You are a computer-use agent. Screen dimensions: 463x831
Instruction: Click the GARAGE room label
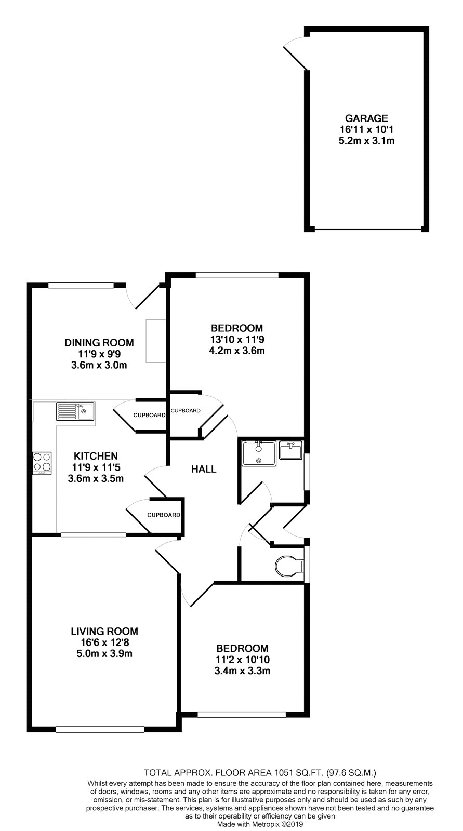(366, 118)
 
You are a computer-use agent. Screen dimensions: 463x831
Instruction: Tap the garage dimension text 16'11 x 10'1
(366, 129)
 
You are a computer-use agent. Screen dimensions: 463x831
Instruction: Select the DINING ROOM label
(99, 342)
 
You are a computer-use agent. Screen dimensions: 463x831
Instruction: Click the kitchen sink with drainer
(75, 411)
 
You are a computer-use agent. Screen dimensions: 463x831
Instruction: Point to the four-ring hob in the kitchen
(42, 463)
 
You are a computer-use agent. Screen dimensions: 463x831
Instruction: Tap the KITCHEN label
(96, 456)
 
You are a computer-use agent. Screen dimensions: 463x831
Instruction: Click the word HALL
(204, 470)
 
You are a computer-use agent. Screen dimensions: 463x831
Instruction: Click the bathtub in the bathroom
(259, 453)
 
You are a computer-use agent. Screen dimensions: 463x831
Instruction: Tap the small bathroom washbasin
(290, 450)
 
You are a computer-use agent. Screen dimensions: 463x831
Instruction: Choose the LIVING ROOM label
(104, 631)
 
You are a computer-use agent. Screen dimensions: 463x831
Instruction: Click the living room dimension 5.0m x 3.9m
(104, 653)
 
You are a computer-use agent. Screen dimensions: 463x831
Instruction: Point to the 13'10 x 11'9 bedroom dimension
(237, 339)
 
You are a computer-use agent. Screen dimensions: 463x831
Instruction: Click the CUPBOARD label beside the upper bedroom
(186, 411)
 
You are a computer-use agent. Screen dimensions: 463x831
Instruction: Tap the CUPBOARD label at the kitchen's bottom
(163, 515)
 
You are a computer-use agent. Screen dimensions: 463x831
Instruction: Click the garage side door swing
(295, 55)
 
